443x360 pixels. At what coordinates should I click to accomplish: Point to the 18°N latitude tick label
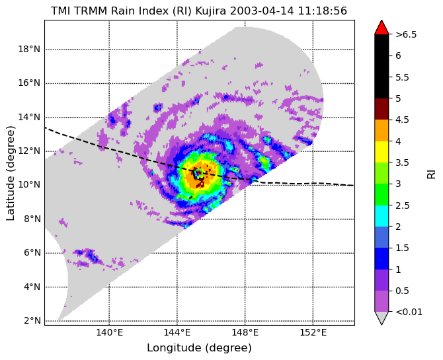[29, 50]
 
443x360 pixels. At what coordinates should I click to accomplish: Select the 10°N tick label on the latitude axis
[29, 185]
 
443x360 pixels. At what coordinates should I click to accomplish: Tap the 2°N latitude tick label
[32, 321]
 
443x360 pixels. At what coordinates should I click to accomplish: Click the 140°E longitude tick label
[109, 333]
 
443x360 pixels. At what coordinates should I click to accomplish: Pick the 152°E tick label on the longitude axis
[313, 333]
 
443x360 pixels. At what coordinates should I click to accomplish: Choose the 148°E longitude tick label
[245, 333]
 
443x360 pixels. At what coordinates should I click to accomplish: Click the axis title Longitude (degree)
[199, 347]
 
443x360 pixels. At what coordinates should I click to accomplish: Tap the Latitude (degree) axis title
[10, 173]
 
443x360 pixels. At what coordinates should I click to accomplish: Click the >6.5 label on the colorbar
[406, 35]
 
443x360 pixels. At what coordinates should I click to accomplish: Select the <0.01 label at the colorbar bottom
[409, 312]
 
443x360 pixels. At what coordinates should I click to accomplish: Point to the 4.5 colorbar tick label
[402, 120]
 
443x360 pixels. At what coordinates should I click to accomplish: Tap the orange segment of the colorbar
[382, 130]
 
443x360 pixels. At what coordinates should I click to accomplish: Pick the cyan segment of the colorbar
[382, 216]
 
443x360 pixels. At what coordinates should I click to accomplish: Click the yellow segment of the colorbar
[382, 152]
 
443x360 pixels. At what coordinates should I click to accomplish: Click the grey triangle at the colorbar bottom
[382, 318]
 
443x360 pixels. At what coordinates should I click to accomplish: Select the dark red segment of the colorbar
[382, 109]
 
